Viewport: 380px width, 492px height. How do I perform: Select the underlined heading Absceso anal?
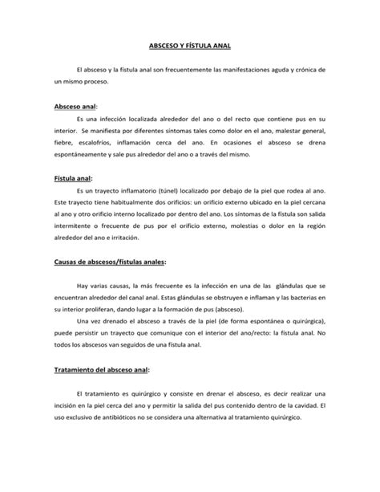tap(75, 106)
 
